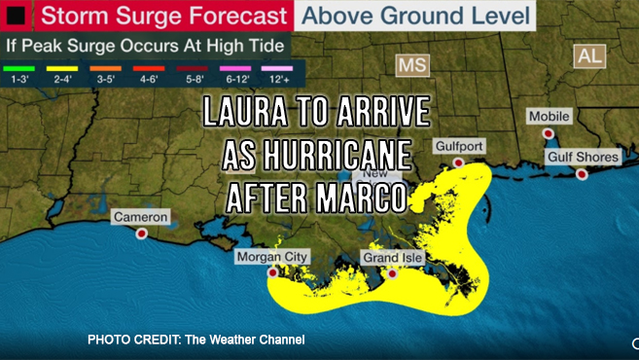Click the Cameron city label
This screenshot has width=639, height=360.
coord(141,216)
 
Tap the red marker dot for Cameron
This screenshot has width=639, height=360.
coord(142,234)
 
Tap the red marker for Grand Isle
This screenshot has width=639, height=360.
coord(392,274)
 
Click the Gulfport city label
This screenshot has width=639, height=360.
coord(460,145)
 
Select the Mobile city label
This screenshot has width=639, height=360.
coord(549,116)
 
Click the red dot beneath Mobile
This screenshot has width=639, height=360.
coord(549,133)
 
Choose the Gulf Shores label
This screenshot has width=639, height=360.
coord(582,157)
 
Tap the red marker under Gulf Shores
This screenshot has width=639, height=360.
coord(582,174)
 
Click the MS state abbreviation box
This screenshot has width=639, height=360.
coord(412,64)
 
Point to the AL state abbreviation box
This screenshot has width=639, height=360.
coord(589,55)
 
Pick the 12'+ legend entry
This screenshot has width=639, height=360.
coord(282,68)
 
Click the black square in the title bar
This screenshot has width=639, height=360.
coord(17,16)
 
